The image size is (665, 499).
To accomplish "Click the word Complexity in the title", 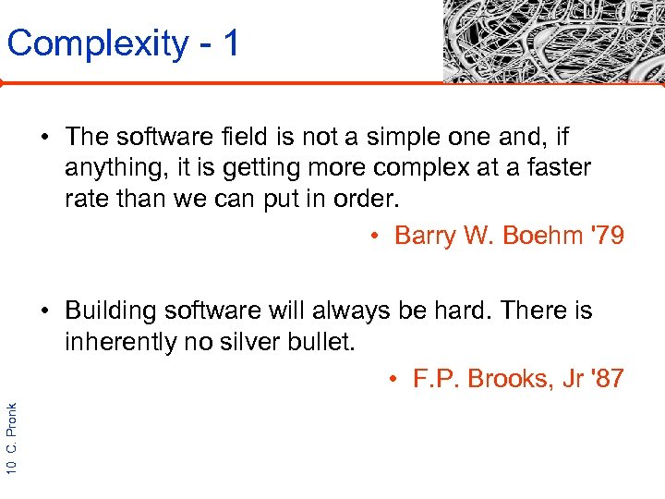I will [x=97, y=43].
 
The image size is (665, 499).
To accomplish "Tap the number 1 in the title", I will [x=230, y=43].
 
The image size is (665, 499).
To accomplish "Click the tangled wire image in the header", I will [x=552, y=42].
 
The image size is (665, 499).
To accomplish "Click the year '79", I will [x=604, y=236].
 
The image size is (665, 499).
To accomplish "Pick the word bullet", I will [x=317, y=343].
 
